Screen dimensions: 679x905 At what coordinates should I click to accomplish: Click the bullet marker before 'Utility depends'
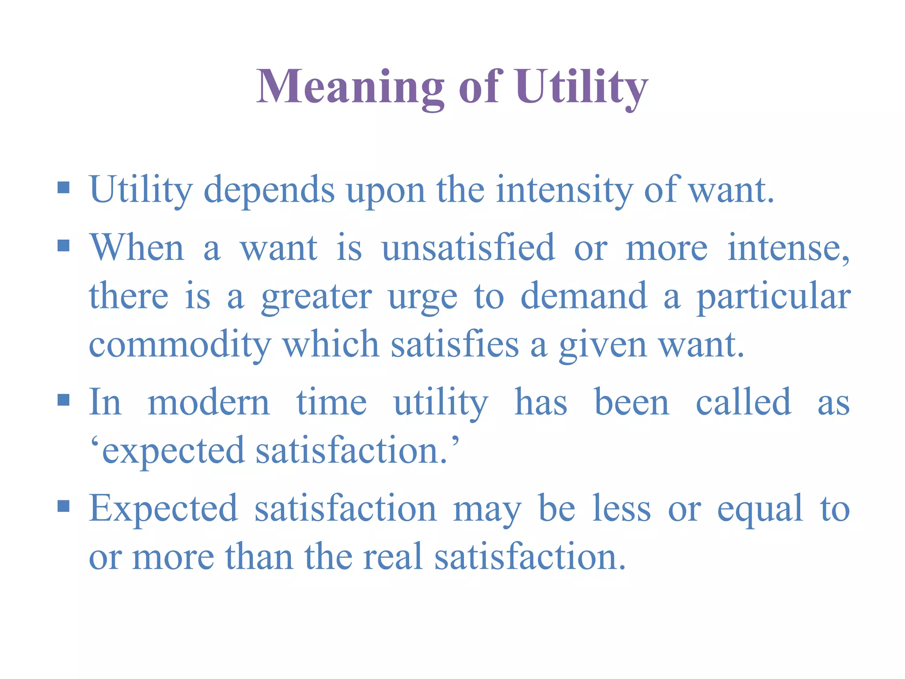pos(64,188)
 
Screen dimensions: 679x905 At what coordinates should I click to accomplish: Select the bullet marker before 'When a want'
pos(64,245)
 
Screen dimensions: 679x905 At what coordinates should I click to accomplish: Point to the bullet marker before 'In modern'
pos(64,400)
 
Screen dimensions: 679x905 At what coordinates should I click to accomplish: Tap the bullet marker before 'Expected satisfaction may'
pos(64,506)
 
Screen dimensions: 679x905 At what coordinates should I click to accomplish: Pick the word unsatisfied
pos(468,248)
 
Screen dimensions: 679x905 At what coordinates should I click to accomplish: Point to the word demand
pos(584,296)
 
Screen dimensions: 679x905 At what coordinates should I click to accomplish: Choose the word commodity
pos(180,345)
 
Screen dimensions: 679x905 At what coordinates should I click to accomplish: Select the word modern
pos(209,403)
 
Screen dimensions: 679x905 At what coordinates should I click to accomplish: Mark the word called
pos(743,402)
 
